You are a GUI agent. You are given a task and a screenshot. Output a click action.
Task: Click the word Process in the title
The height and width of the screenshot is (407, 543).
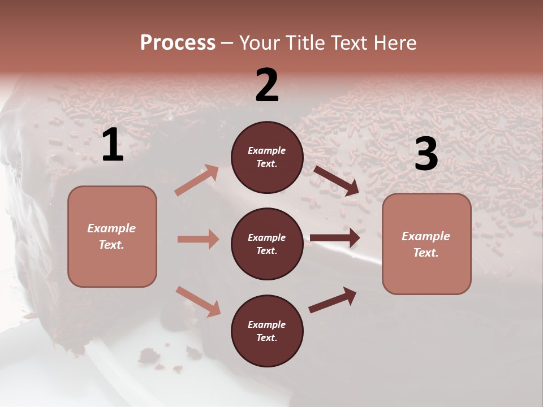pos(178,43)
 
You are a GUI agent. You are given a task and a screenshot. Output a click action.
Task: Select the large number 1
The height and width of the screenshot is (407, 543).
pos(113,146)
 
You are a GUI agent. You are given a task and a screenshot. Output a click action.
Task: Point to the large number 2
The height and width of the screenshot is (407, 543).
pos(267,85)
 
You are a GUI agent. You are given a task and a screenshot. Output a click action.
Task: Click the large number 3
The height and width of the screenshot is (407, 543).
pos(426,154)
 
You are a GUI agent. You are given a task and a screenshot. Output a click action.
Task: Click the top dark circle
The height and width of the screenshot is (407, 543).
pos(267,157)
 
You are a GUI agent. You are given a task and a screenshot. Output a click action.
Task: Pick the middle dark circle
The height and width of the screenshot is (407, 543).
pos(267,244)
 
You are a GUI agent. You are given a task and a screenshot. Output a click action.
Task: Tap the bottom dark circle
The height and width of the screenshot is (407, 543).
pos(267,331)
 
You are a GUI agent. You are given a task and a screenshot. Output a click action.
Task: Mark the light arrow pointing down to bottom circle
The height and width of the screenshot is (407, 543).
pos(198,301)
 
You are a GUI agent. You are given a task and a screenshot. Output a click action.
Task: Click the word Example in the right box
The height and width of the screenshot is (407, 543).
pos(426,236)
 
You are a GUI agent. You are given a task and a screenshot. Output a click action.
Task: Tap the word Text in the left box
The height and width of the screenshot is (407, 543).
pos(111,245)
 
